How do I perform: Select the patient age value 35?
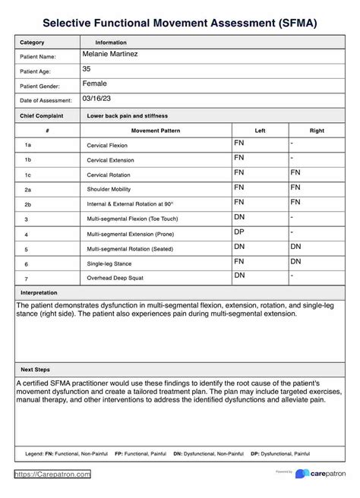[87, 69]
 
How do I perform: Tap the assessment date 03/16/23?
[96, 98]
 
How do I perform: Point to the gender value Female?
[94, 84]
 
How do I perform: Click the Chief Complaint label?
[42, 116]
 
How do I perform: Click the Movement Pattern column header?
[155, 131]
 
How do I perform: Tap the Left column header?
[260, 131]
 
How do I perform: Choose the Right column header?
[317, 131]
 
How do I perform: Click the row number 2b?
[27, 204]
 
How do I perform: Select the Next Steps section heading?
[36, 369]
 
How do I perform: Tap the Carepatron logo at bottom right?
[323, 474]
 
